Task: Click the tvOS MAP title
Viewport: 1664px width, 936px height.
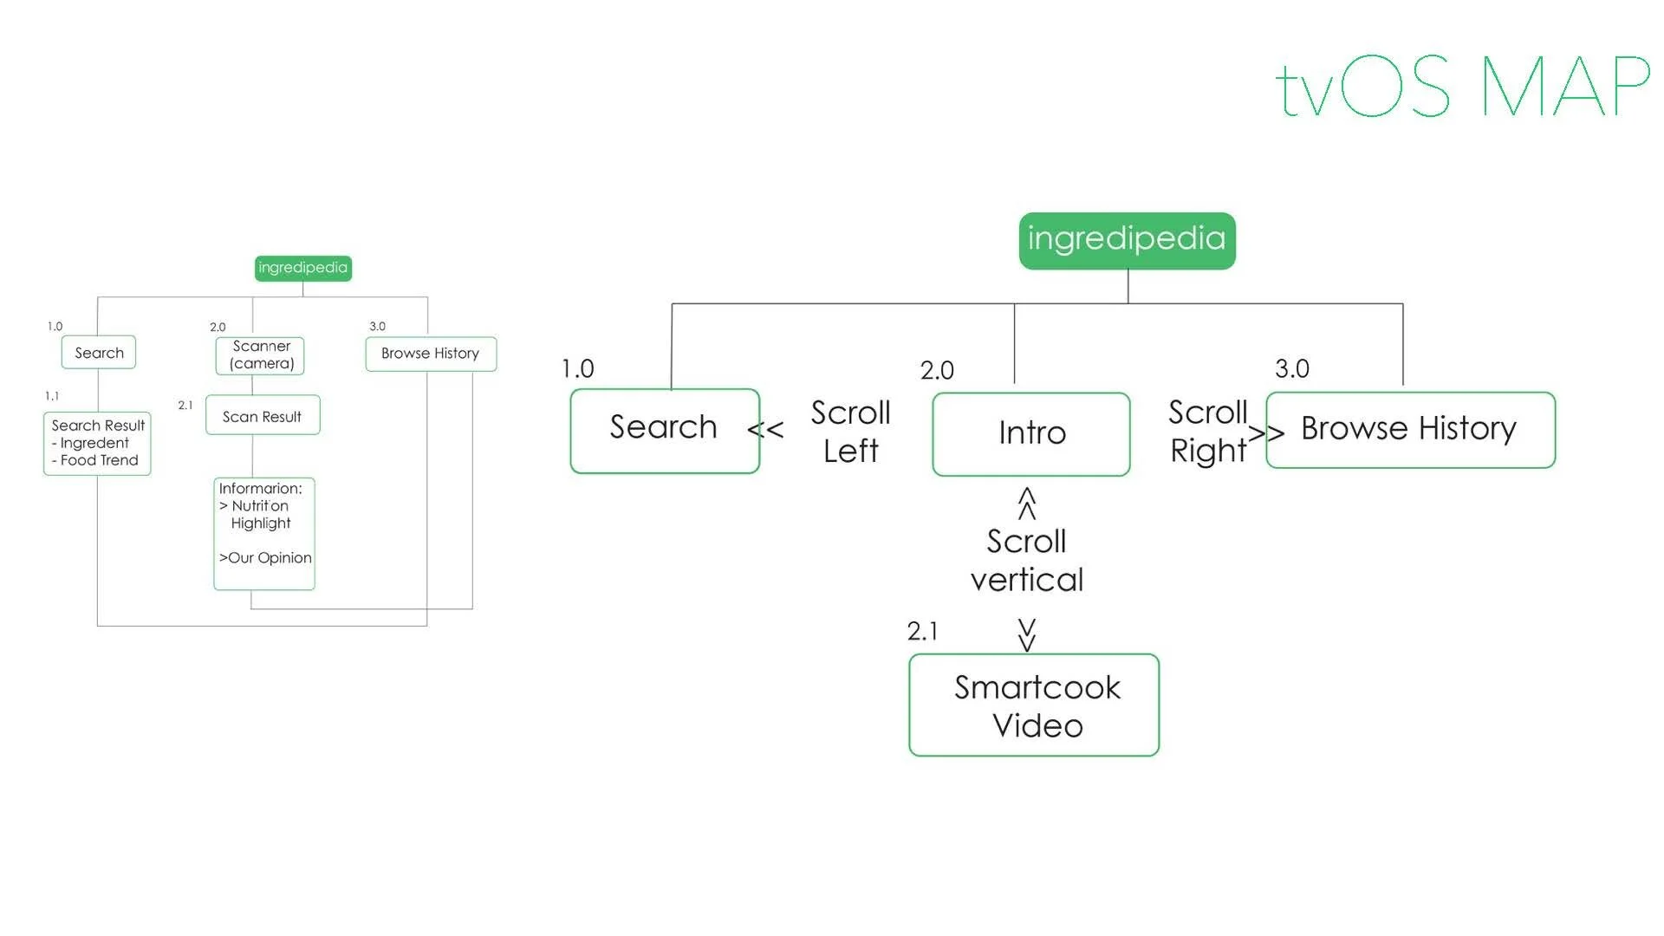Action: pos(1463,87)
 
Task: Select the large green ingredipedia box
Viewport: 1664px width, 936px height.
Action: pos(1127,240)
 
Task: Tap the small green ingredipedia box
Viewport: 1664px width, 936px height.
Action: pos(302,268)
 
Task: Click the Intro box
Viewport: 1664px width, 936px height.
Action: pos(1031,433)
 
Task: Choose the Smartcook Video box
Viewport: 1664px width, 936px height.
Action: pos(1034,705)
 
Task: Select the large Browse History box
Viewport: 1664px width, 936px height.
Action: pos(1410,430)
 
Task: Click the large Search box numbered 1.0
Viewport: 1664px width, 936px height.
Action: pos(664,430)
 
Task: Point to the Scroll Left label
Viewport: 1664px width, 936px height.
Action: pos(850,432)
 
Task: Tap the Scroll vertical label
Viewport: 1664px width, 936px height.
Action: pos(1027,561)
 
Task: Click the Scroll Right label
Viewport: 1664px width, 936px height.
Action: pos(1207,432)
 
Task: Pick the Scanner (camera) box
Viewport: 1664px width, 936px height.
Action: pos(260,355)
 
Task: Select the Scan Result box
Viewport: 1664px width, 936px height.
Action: pos(263,416)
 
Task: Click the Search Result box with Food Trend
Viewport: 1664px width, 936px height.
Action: pos(97,443)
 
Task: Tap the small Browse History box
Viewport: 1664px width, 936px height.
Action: pos(431,354)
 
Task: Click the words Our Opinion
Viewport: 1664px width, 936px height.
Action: pos(269,558)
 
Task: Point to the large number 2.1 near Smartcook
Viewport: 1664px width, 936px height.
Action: pos(922,631)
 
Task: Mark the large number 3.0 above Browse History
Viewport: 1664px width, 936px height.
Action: pos(1291,368)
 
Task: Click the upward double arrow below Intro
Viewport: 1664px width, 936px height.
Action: pos(1027,504)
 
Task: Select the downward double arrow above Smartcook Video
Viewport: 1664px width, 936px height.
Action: pos(1027,634)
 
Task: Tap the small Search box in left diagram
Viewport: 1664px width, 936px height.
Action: pos(99,353)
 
